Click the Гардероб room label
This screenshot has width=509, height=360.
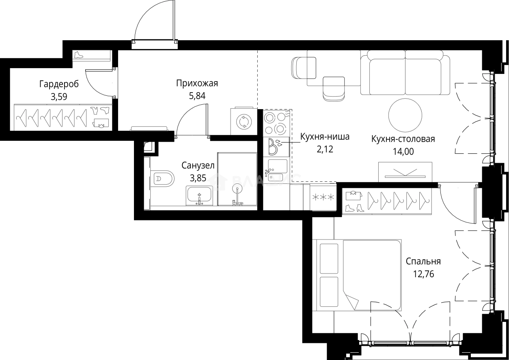click(59, 84)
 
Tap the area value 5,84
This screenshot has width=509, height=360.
click(197, 96)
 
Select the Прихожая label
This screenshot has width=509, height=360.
click(197, 84)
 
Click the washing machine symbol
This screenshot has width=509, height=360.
click(244, 122)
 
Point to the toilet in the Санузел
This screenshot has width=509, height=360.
click(162, 179)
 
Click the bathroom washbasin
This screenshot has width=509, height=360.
click(199, 196)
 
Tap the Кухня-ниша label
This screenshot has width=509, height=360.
click(325, 137)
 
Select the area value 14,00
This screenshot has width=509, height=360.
click(403, 151)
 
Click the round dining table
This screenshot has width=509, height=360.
click(405, 115)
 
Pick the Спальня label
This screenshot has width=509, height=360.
click(423, 261)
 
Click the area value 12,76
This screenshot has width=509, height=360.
click(424, 274)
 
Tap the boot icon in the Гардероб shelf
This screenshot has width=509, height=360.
click(79, 55)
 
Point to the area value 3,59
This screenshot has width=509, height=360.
click(59, 97)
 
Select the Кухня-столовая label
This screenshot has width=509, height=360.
click(403, 139)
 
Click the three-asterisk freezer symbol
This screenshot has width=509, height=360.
click(323, 197)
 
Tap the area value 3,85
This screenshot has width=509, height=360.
click(198, 178)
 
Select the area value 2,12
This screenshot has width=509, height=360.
click(325, 149)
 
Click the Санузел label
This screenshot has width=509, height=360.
click(198, 166)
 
